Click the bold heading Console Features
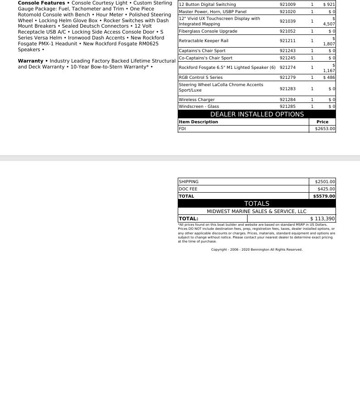tap(41, 3)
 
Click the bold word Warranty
tap(30, 61)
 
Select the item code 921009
tap(287, 5)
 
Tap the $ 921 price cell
tap(329, 5)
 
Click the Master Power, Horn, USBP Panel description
tap(213, 11)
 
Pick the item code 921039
tap(287, 21)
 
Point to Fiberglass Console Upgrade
tap(208, 31)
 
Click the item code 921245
tap(287, 58)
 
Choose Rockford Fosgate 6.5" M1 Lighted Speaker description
tap(227, 68)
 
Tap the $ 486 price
tap(329, 78)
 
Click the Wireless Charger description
tap(197, 100)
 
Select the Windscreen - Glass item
tap(199, 107)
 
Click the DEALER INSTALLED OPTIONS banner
tap(257, 114)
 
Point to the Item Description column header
tap(198, 122)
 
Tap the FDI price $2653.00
tap(325, 129)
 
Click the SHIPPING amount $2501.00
tap(325, 182)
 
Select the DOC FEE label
tap(188, 189)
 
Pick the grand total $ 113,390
tap(322, 218)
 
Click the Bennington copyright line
tap(257, 250)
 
